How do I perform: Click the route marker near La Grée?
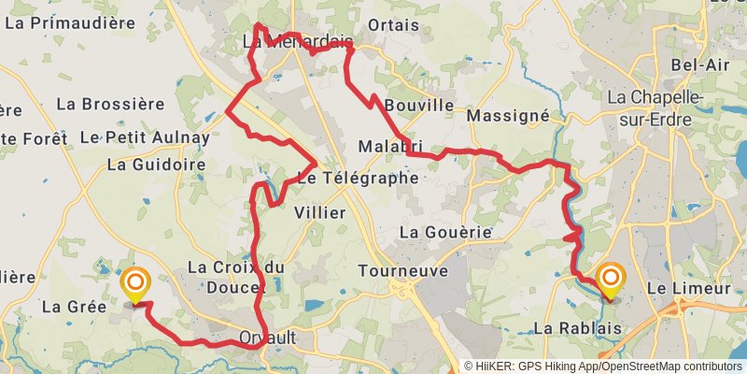point(136,284)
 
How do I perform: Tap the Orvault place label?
point(280,339)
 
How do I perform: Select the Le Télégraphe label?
point(358,177)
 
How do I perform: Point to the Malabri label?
point(390,147)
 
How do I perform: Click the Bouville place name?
point(418,105)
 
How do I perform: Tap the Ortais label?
point(394,25)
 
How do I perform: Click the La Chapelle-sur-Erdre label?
point(659,106)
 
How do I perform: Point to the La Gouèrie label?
point(445,231)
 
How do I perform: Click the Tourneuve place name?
point(403,271)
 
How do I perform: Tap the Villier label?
point(319,213)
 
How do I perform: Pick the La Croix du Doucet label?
point(235,276)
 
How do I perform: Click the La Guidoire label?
point(156,165)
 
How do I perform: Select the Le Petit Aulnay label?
point(145,137)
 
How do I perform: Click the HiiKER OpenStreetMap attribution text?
point(604,367)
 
